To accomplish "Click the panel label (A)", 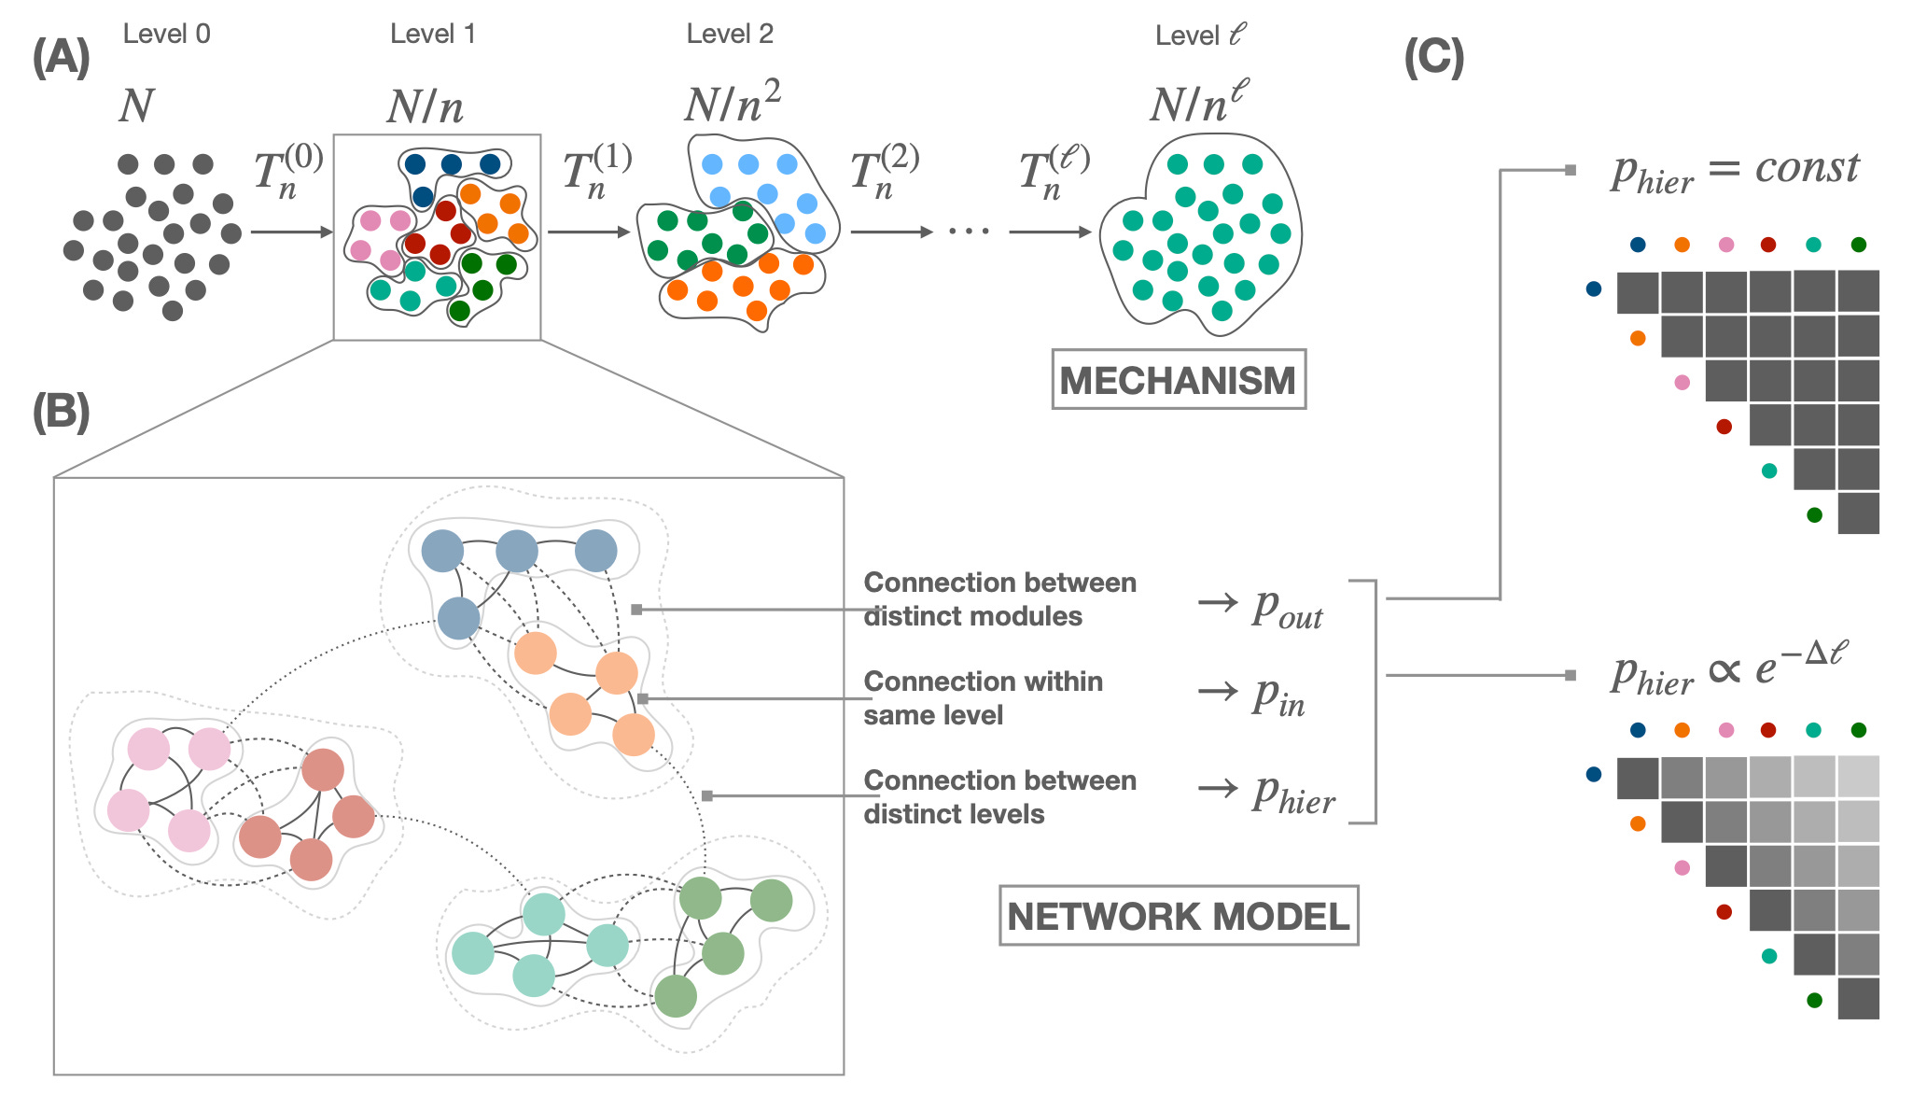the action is (x=62, y=57).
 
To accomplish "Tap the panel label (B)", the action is (x=62, y=412).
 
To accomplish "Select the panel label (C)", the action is (x=1434, y=57).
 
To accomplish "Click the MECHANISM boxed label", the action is (x=1179, y=380).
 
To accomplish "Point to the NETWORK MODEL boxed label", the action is (x=1179, y=916).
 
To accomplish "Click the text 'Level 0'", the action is (x=167, y=35).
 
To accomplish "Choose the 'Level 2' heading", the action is (x=730, y=35).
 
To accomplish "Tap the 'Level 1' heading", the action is (x=433, y=35).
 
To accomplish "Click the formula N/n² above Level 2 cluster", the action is (x=733, y=102).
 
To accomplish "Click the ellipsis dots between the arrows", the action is (x=970, y=231).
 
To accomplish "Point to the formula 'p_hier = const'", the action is (x=1735, y=172).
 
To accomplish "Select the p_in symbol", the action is (x=1278, y=696).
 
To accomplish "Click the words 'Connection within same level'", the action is (x=984, y=698).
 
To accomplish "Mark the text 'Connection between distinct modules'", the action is (x=1000, y=599).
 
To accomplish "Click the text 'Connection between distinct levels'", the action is (x=1000, y=797).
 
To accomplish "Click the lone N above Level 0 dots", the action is (x=136, y=105).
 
